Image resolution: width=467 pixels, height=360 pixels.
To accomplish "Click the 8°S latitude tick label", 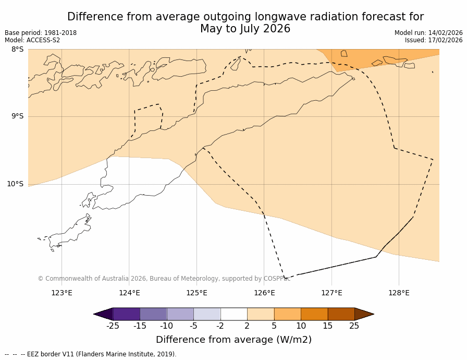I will click(x=17, y=50).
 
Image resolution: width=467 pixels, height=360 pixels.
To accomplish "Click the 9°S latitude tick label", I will click(x=17, y=116).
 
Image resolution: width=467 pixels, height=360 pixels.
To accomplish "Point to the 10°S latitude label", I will click(x=15, y=184).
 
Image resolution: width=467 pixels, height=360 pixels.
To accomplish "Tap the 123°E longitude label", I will click(x=62, y=293).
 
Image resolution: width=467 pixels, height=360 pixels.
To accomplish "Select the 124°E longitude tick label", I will click(x=129, y=293).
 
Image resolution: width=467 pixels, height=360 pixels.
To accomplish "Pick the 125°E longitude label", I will click(x=196, y=293).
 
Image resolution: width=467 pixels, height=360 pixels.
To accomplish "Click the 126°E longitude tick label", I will click(x=264, y=293).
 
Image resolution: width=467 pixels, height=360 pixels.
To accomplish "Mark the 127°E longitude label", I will click(x=331, y=293).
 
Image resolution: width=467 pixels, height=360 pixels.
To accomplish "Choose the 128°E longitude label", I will click(x=399, y=293).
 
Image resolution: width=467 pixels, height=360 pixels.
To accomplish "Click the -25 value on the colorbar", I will click(x=113, y=326).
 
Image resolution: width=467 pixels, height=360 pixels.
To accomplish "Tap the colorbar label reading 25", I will click(x=354, y=326).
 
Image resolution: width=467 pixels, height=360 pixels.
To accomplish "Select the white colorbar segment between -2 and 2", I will click(x=233, y=314).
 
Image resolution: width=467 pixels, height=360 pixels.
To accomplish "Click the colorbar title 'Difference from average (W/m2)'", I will click(x=233, y=340).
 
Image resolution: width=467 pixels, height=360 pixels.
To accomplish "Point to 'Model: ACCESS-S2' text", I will click(x=32, y=40).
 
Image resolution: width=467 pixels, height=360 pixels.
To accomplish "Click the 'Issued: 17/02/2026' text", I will click(x=434, y=40).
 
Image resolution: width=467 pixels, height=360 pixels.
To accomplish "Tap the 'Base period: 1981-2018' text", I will click(x=41, y=33).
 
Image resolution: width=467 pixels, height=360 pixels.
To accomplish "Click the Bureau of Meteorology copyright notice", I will click(x=164, y=279).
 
